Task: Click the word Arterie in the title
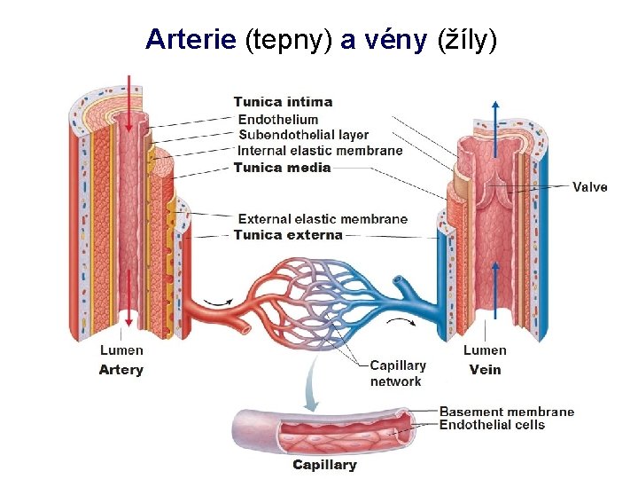(191, 39)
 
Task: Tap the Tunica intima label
(283, 102)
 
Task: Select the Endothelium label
(278, 119)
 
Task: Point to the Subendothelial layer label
(304, 135)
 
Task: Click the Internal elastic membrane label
(320, 151)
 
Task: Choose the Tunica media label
(282, 168)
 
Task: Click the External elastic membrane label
(323, 219)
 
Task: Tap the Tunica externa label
(287, 235)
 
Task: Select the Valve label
(589, 187)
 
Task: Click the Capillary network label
(397, 373)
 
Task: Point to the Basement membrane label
(507, 412)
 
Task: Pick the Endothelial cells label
(493, 425)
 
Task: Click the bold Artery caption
(121, 370)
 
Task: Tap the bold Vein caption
(485, 370)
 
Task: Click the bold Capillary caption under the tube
(325, 465)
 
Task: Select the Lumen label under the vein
(485, 350)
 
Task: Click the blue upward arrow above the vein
(494, 115)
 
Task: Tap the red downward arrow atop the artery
(130, 98)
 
